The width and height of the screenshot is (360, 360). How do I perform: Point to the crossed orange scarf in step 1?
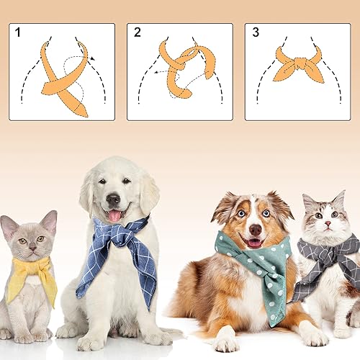65,79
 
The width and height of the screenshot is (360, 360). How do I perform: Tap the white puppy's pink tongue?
114,215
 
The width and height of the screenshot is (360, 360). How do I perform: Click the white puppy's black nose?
113,199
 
